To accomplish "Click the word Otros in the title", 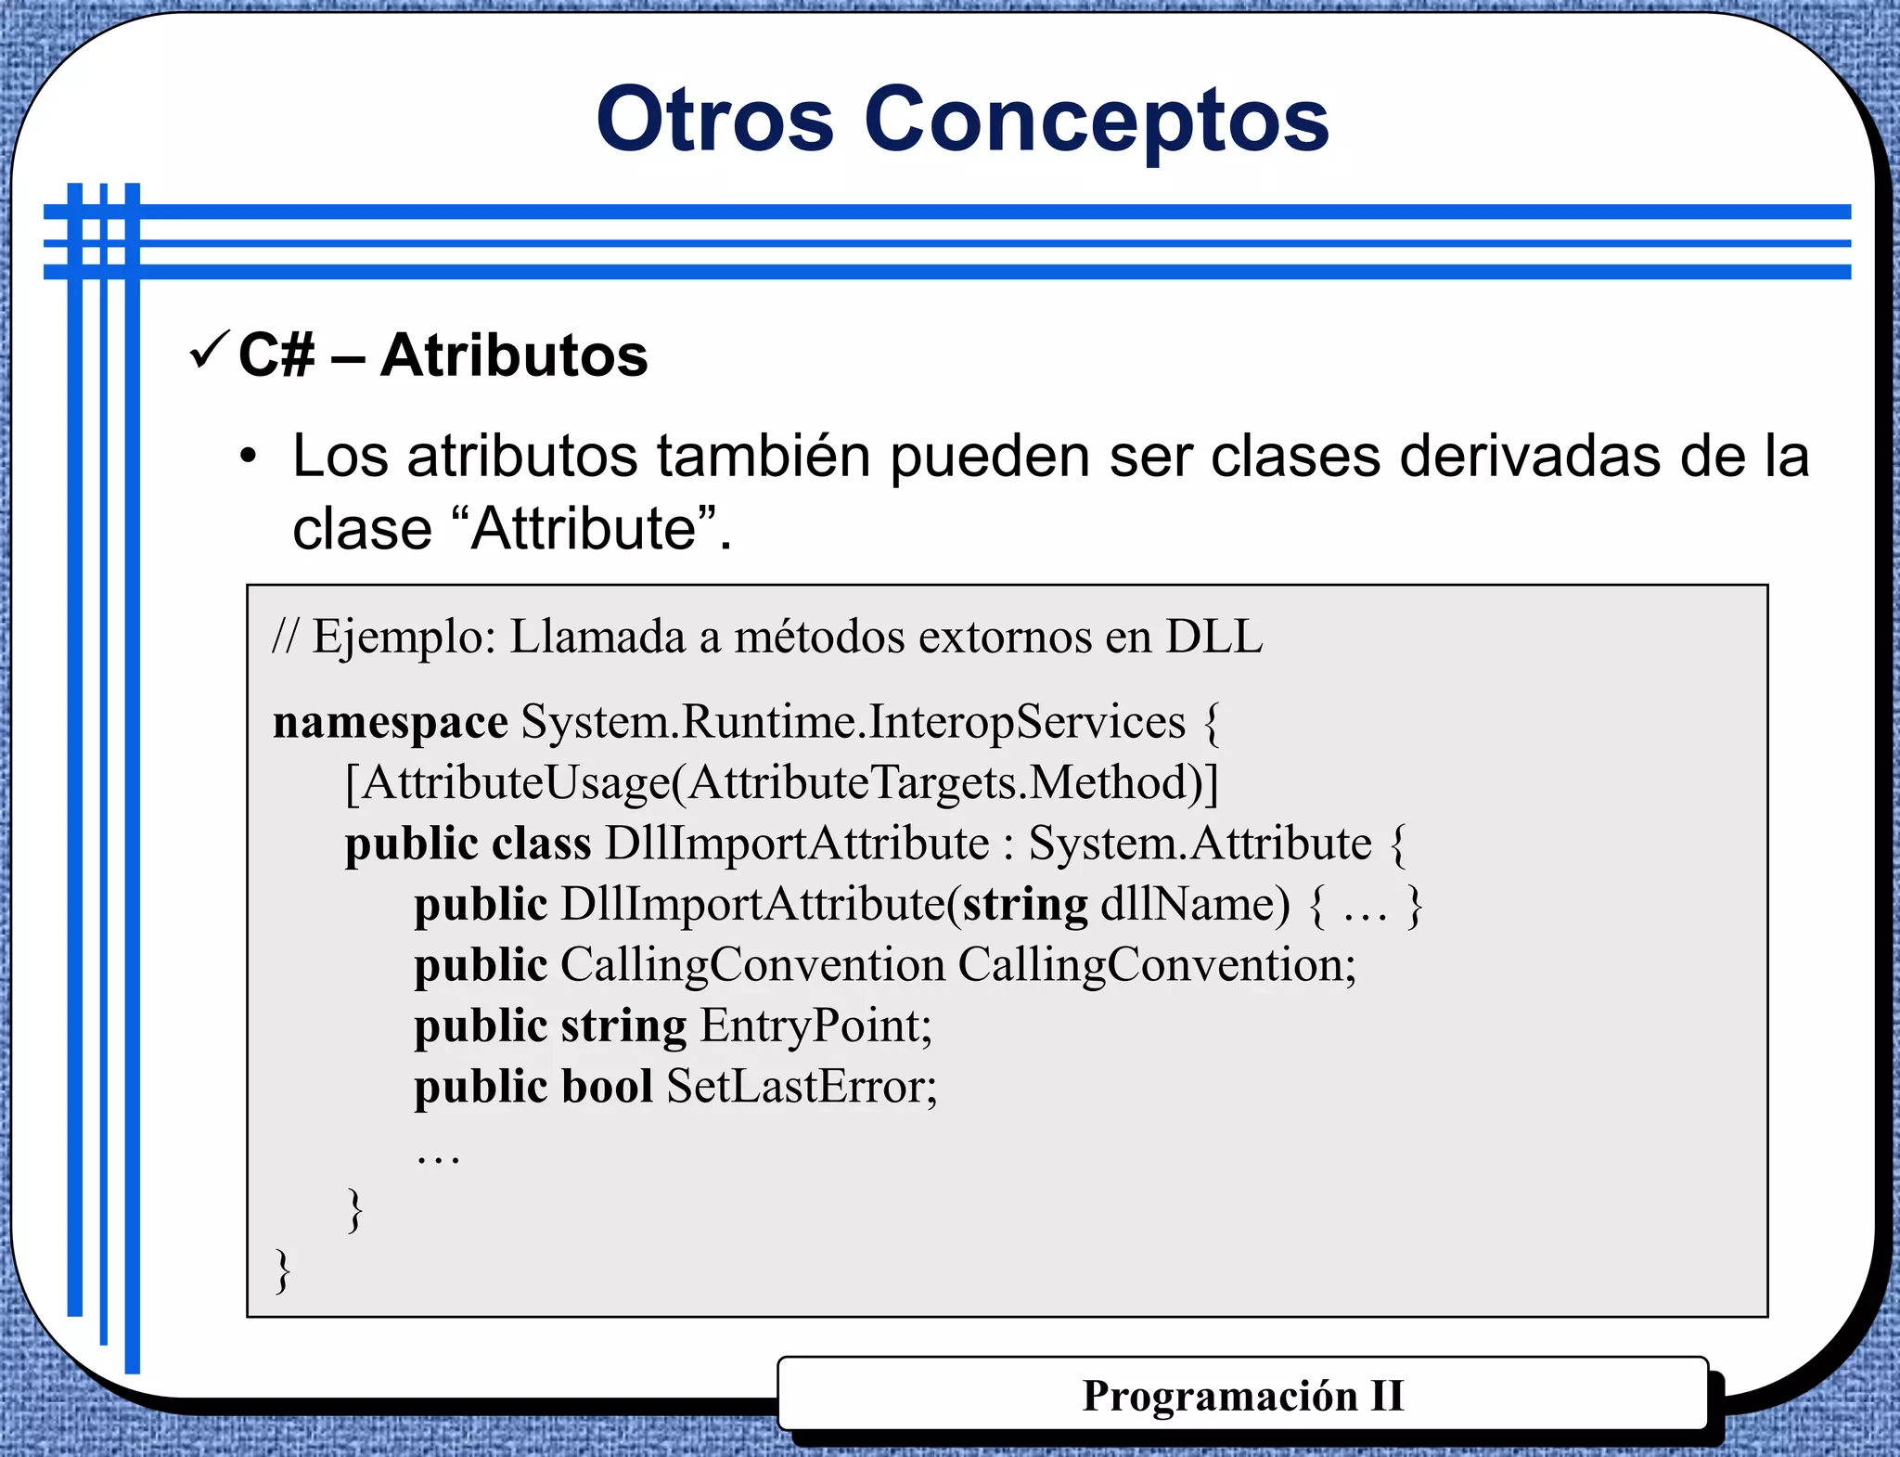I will (715, 120).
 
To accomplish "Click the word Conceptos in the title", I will (1097, 120).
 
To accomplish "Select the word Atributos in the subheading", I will (514, 355).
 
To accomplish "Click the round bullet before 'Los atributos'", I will (248, 457).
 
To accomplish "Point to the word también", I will (764, 457).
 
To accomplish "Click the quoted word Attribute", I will (584, 528).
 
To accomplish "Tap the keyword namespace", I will (390, 722).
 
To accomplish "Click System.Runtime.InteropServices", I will (853, 722).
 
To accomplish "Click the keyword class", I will (541, 844).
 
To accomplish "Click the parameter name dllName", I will (1194, 904).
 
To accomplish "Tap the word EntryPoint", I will (815, 1025).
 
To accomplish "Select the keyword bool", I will (608, 1087).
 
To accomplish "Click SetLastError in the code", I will (802, 1087).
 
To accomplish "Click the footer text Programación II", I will (1242, 1396).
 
